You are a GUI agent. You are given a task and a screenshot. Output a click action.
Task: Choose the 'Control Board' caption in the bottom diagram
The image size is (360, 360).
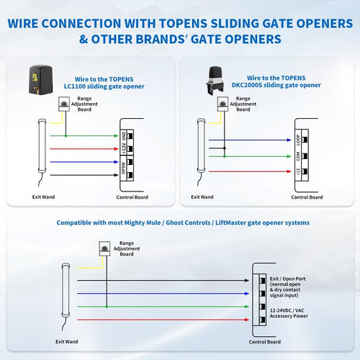pyautogui.click(x=267, y=341)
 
